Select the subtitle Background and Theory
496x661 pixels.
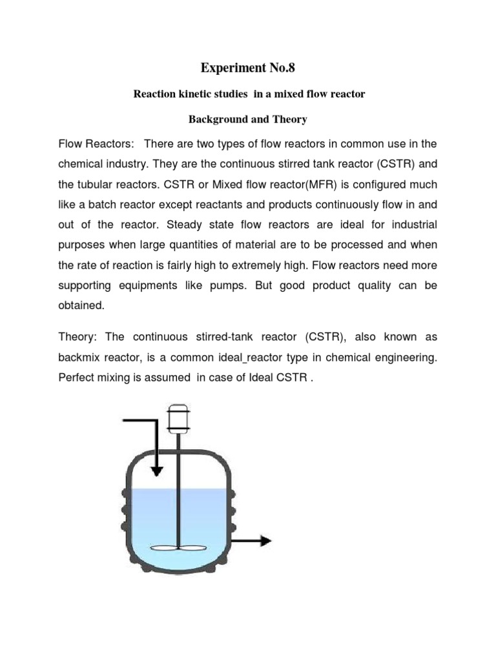248,120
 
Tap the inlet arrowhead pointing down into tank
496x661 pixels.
156,471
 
